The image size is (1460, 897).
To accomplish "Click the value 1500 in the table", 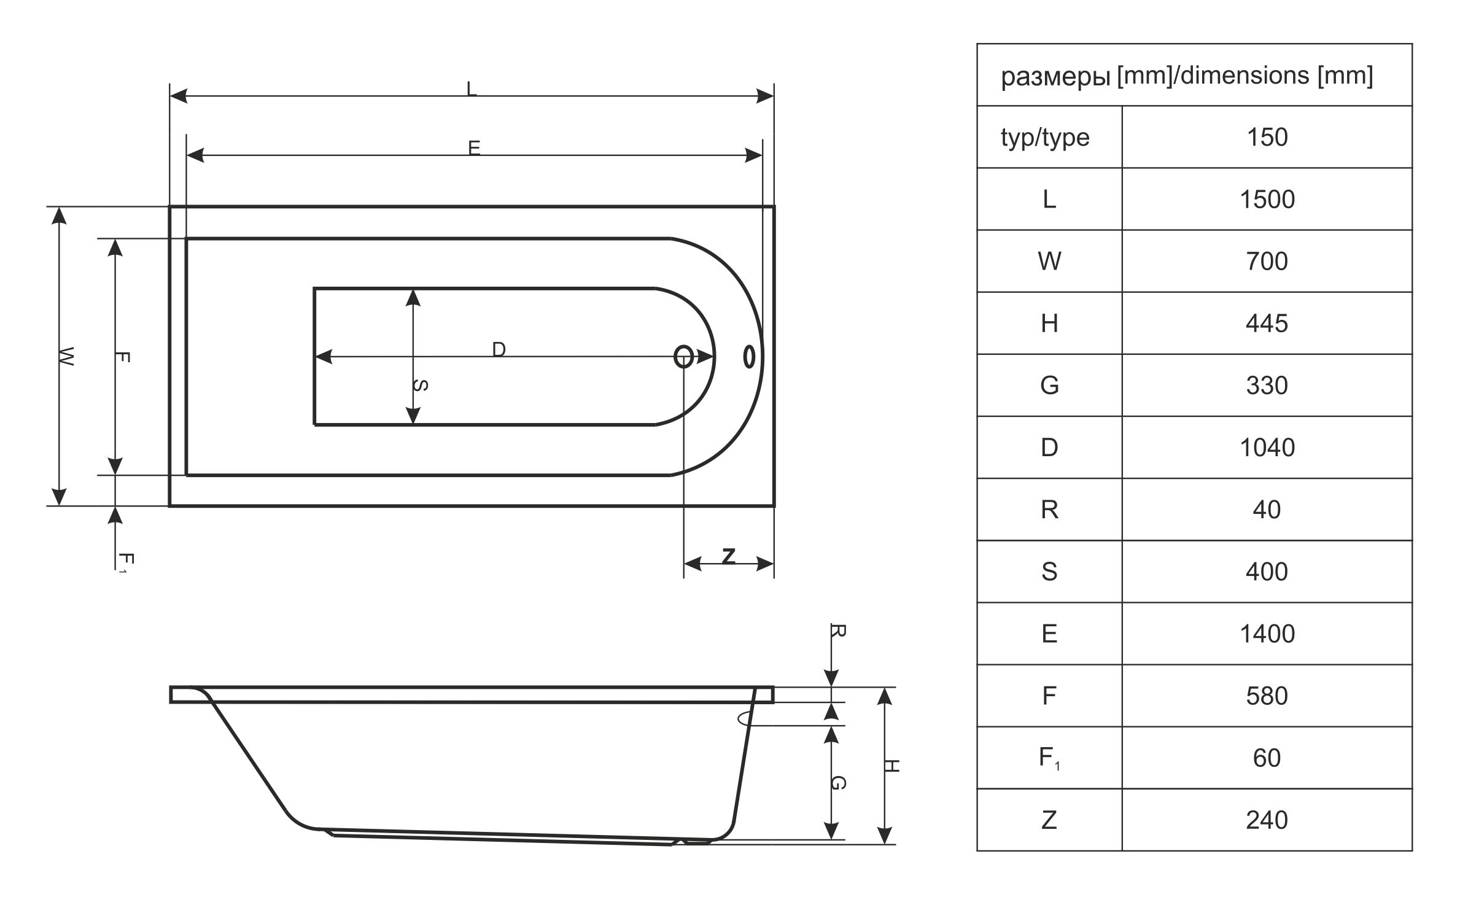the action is coord(1267,200).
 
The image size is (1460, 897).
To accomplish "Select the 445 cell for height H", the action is coord(1267,324).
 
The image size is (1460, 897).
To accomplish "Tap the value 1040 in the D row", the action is coord(1267,448).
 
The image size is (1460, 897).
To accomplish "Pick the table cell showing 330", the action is coord(1267,386).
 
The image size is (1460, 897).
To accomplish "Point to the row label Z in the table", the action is coord(1049,820).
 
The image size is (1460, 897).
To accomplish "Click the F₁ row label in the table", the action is coord(1049,758).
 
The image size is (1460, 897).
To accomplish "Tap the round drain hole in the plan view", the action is coord(683,357).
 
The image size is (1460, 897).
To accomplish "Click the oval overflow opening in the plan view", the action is coord(749,357).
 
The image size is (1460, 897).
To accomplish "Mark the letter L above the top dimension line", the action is coord(472,89).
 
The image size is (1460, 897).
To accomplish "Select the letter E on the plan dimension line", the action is coord(474,148).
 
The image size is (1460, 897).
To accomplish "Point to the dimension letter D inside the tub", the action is coord(499,349).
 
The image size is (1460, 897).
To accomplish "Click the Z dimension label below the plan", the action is coord(729,556).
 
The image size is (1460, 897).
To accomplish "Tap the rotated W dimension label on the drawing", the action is coord(66,356).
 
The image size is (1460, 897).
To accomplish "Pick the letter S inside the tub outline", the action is coord(420,386).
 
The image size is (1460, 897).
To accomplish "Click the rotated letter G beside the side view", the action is coord(839,783).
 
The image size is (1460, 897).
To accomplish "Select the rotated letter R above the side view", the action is coord(839,631).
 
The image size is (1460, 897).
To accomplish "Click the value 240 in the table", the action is coord(1267,820).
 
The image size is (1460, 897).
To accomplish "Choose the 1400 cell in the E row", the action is coord(1267,634).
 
